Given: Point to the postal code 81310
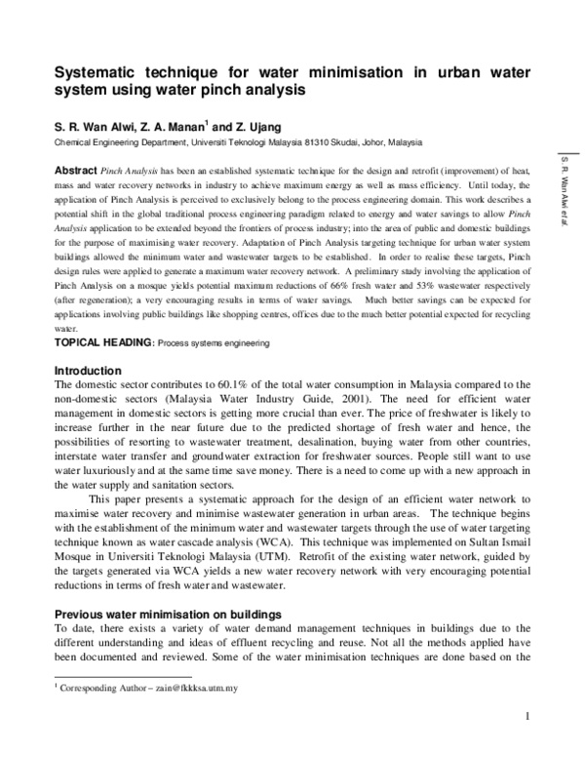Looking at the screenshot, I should click(345, 141).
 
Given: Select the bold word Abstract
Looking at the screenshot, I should click(75, 169).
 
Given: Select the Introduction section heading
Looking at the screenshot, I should click(88, 372).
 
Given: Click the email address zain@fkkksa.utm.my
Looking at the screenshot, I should click(187, 688).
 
